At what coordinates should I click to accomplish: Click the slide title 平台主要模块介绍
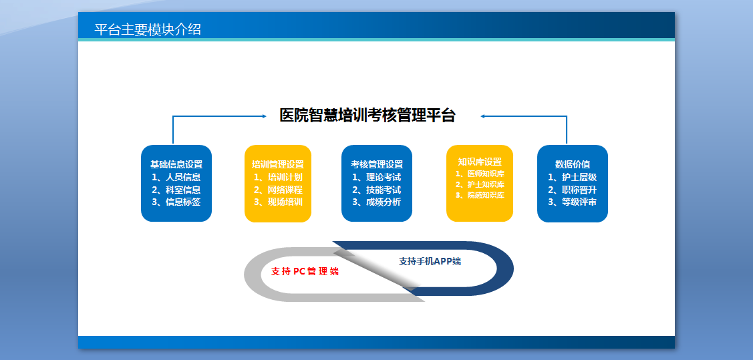point(148,30)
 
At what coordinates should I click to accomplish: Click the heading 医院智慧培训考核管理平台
point(367,116)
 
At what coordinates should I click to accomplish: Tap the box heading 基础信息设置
point(176,165)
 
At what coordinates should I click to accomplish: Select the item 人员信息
point(183,177)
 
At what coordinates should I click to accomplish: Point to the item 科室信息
point(183,190)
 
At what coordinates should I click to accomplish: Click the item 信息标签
point(183,202)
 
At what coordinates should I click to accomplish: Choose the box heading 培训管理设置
point(278,165)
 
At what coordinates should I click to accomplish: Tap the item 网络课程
point(285,190)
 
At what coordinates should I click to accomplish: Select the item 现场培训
point(285,202)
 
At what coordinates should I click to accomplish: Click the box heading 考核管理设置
point(377,165)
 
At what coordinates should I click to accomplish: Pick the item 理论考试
point(384,177)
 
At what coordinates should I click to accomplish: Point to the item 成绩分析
point(384,202)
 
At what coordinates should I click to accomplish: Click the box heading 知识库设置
point(480,162)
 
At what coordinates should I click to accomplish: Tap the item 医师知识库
point(486,174)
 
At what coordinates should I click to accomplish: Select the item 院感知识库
point(486,195)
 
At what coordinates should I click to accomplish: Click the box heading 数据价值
point(573,165)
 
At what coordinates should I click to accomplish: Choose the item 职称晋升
point(579,190)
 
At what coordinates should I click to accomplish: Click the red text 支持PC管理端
point(305,272)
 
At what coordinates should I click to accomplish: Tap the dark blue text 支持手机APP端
point(430,262)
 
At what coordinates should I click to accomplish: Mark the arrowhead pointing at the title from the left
point(264,116)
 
